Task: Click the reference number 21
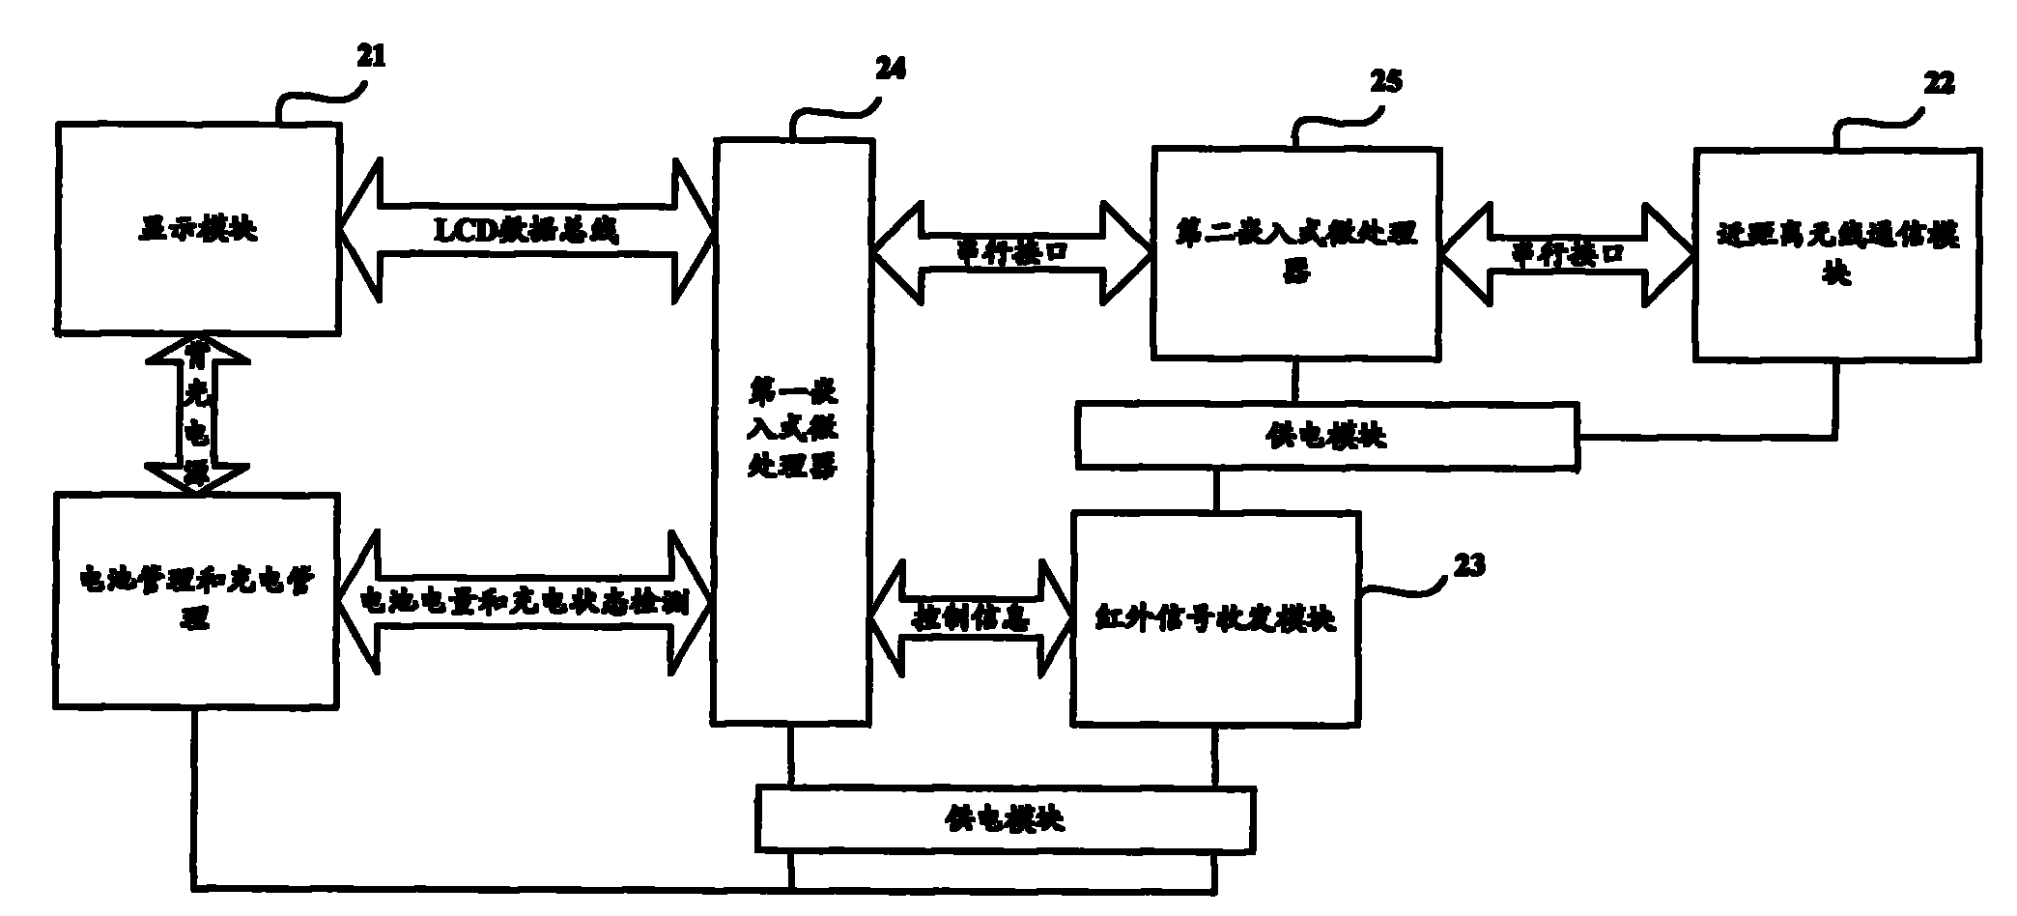371,56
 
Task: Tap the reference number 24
891,70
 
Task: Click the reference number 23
1467,563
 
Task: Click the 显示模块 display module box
197,229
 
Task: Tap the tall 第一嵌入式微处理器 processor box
790,430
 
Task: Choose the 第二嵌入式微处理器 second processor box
1295,251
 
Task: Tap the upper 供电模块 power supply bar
1325,436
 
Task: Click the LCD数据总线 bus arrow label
526,230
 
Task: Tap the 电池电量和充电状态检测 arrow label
525,602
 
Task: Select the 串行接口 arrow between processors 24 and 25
1010,251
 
